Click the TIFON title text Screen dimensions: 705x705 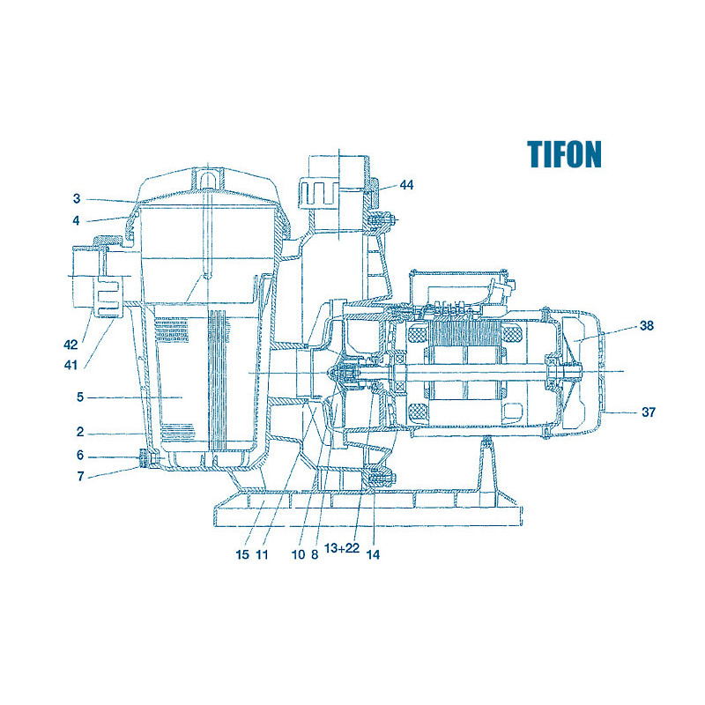(x=564, y=154)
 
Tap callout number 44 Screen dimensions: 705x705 (x=406, y=185)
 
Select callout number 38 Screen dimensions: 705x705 (x=647, y=325)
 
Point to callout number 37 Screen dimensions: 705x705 (x=649, y=412)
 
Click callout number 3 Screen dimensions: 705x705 (x=77, y=198)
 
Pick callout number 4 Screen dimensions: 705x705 (x=77, y=220)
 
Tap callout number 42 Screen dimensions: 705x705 (x=70, y=345)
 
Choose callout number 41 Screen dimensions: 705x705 (x=70, y=365)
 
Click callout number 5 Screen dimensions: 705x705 (x=80, y=397)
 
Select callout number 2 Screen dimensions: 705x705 (x=80, y=432)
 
